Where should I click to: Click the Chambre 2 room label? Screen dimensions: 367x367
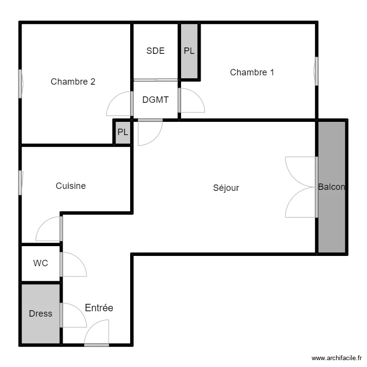[x=73, y=82]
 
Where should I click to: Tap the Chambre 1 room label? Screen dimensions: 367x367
[x=252, y=72]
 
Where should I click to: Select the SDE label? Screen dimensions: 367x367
[x=156, y=50]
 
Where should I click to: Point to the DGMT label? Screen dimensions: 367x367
[x=156, y=100]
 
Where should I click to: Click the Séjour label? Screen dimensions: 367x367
[x=226, y=187]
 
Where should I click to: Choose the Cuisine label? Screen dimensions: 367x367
[x=70, y=186]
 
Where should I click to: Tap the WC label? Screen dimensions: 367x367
[x=41, y=263]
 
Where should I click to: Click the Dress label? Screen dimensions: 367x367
[x=41, y=314]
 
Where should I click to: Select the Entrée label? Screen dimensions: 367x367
[x=99, y=308]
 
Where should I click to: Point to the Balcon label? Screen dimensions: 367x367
[x=331, y=187]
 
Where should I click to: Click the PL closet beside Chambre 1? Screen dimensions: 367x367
[x=189, y=50]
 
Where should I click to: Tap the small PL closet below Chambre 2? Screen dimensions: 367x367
[x=123, y=132]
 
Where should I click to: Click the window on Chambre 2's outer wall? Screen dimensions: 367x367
[x=21, y=83]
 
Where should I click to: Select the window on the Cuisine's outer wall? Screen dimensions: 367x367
[x=21, y=182]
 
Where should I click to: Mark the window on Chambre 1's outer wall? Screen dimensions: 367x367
[x=317, y=71]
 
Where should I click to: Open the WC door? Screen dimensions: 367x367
[x=62, y=264]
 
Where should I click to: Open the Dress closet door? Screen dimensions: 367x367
[x=62, y=315]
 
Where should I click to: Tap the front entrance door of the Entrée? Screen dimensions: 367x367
[x=96, y=344]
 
